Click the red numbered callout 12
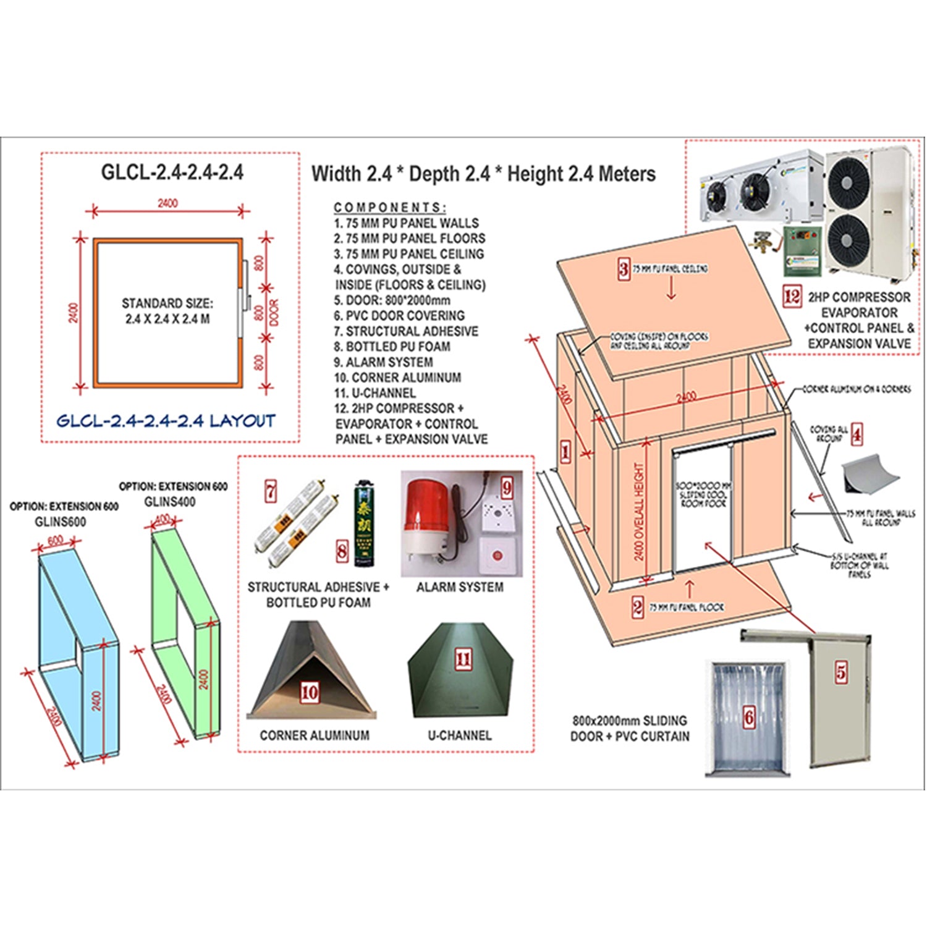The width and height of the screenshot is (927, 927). pos(792,297)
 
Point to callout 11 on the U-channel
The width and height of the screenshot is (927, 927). pos(463,659)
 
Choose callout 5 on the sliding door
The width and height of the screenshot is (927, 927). pos(841,672)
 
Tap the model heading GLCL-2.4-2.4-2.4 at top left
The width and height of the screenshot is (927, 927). pos(172,172)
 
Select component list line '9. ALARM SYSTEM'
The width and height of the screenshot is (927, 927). pos(383,362)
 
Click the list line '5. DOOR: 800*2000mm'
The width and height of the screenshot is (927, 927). pos(392,300)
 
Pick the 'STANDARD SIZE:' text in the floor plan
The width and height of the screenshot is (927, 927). pos(167,303)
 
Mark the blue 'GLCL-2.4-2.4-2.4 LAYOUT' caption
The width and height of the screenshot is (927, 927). pos(166,421)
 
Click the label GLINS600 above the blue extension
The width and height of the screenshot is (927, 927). pos(60,522)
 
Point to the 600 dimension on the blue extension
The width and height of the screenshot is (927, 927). pos(55,541)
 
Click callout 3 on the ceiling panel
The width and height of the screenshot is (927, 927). pos(624,269)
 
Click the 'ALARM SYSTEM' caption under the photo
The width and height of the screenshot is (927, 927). pos(460,587)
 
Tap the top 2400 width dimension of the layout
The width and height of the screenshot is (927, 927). pos(167,203)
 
